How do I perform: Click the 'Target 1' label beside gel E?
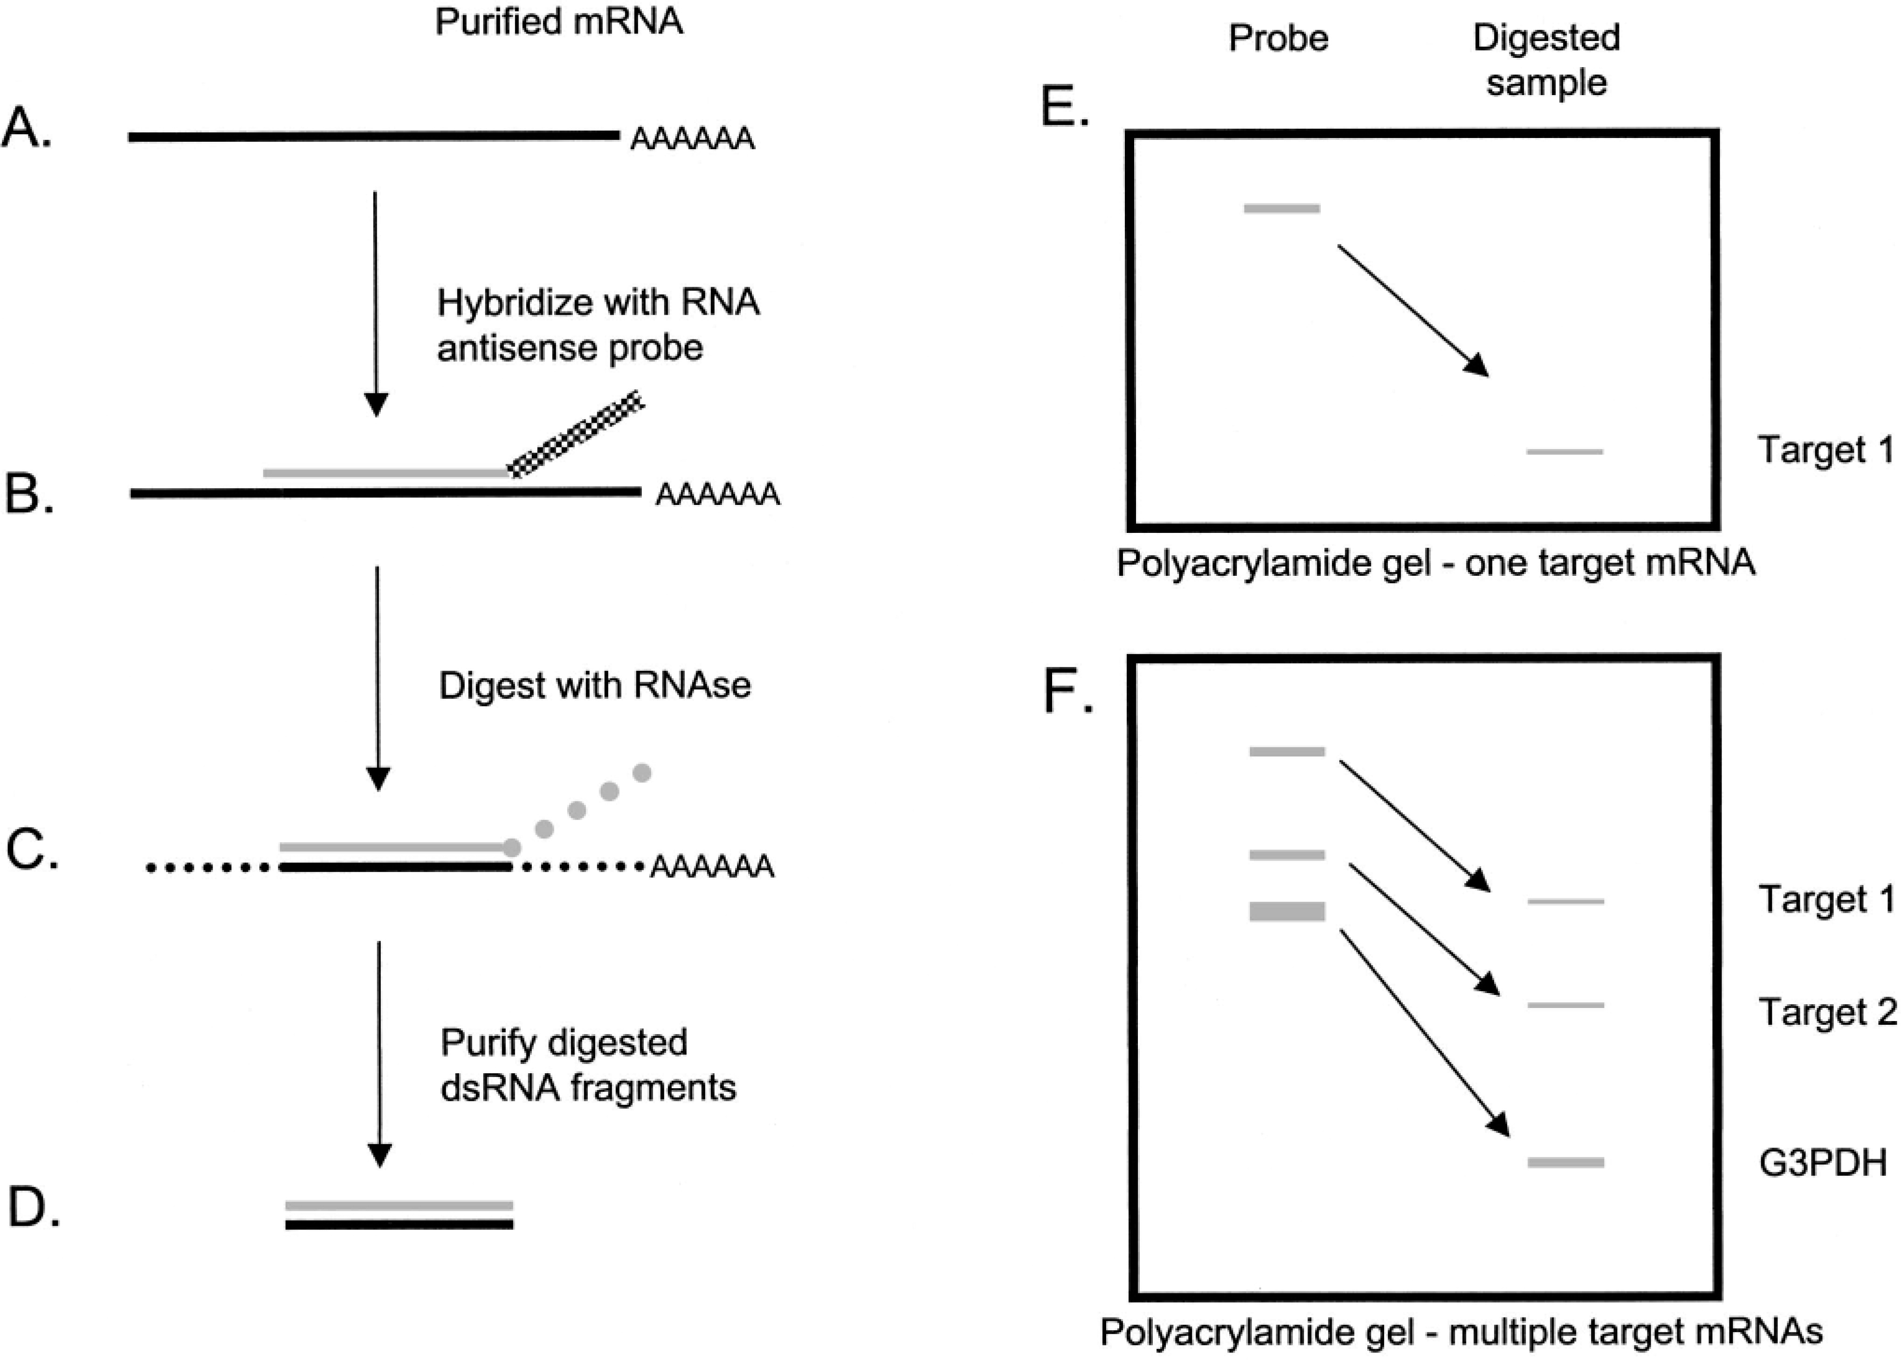click(1825, 450)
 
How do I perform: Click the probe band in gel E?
click(1281, 208)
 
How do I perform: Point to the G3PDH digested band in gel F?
click(1565, 1162)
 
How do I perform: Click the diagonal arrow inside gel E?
click(1413, 310)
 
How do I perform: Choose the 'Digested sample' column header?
click(1546, 60)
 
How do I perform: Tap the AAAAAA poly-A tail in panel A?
click(691, 138)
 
